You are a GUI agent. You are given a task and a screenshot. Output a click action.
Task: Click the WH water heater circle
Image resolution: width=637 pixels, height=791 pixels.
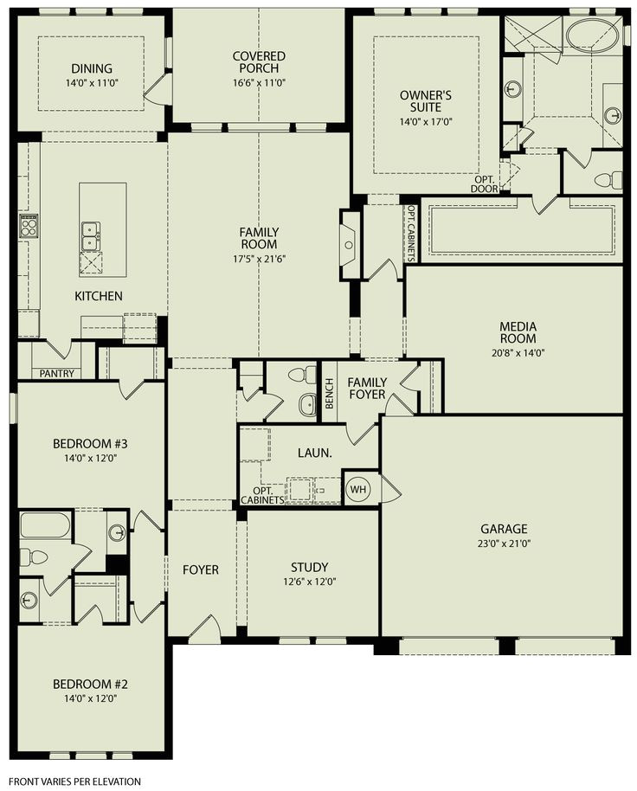(357, 490)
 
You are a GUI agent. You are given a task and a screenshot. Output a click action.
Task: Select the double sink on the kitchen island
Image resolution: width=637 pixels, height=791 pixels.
(90, 233)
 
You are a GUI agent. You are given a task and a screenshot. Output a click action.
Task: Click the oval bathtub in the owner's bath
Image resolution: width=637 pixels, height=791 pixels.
(593, 35)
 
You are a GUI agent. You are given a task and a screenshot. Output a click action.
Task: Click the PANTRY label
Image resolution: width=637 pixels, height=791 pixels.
(56, 374)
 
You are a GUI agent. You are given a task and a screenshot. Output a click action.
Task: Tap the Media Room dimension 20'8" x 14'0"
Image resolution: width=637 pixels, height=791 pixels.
(518, 352)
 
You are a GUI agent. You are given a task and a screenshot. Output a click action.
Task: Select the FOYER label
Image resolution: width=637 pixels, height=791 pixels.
(200, 570)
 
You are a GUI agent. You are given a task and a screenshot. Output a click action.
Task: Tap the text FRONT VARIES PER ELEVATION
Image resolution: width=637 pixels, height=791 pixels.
(76, 781)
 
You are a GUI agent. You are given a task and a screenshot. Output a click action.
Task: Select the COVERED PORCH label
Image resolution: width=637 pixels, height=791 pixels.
(259, 63)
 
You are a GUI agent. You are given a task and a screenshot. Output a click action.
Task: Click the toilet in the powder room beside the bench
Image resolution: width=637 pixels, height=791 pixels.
(300, 376)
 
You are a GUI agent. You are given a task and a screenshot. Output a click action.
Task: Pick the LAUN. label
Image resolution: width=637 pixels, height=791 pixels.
(310, 452)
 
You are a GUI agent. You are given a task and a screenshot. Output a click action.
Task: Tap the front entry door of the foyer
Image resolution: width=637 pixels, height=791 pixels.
(204, 629)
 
